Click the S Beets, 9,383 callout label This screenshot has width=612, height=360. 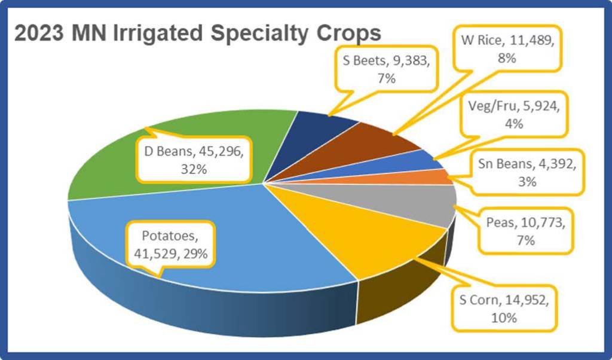(x=387, y=69)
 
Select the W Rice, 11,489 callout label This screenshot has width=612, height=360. (x=507, y=49)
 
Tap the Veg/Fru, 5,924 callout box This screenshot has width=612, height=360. (x=513, y=114)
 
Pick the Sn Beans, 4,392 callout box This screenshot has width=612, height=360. (x=527, y=172)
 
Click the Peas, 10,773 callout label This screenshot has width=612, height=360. (x=526, y=231)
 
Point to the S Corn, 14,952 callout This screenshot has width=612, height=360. (x=504, y=309)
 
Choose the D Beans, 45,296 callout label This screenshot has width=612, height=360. (x=194, y=160)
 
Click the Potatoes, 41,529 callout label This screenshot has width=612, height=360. (x=170, y=245)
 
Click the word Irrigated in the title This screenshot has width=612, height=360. (x=158, y=33)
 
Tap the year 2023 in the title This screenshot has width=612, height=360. (x=39, y=33)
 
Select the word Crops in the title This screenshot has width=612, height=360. (x=348, y=33)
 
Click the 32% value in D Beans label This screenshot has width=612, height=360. (x=194, y=169)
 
